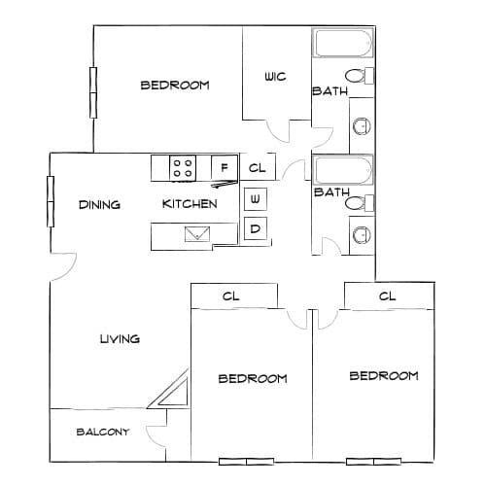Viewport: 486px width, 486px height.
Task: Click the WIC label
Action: click(275, 77)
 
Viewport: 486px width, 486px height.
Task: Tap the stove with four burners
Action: click(183, 168)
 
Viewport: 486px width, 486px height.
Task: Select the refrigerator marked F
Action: click(225, 167)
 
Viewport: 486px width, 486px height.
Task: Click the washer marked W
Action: click(256, 198)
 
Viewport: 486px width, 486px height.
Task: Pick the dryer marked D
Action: click(256, 228)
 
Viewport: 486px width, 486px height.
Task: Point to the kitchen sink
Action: click(197, 234)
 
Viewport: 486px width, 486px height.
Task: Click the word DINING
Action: click(99, 205)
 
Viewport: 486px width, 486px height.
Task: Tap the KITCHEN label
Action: click(190, 204)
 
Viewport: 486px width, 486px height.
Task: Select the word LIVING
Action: click(120, 339)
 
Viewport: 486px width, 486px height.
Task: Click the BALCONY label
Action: click(103, 432)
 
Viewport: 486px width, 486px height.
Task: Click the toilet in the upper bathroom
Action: click(359, 76)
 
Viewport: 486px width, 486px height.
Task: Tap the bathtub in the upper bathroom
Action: click(343, 44)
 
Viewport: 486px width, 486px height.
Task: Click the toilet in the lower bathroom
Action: click(359, 203)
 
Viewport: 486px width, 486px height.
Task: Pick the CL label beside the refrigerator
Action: click(257, 168)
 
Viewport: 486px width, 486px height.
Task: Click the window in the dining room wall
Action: click(51, 201)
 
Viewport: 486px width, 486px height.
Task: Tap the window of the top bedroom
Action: click(93, 92)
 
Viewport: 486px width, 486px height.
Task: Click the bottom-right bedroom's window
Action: click(373, 462)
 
